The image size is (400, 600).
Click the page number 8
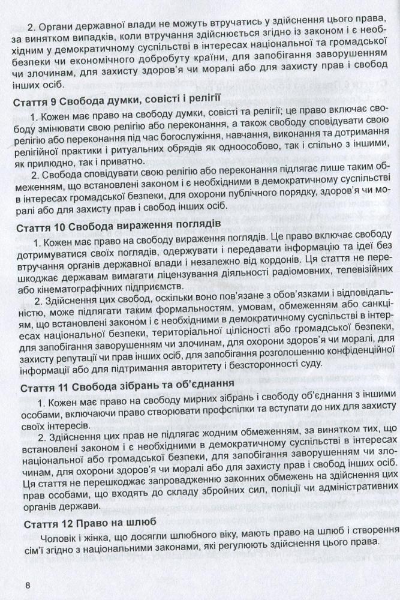[26, 585]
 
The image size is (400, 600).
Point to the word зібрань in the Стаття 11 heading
[134, 384]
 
